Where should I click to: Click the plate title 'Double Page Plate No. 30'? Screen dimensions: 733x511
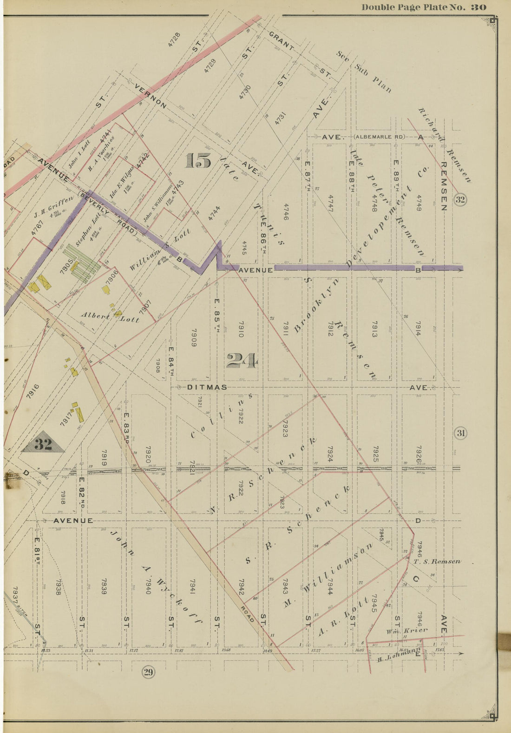point(424,7)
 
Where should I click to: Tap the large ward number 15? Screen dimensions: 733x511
point(198,161)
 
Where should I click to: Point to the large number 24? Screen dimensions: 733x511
point(242,361)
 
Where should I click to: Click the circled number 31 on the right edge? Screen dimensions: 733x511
point(460,434)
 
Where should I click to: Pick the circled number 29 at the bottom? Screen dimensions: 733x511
point(148,672)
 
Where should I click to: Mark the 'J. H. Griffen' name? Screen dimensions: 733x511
point(53,207)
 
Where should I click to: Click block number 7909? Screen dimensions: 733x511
point(194,337)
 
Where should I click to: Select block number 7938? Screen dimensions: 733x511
point(58,587)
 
